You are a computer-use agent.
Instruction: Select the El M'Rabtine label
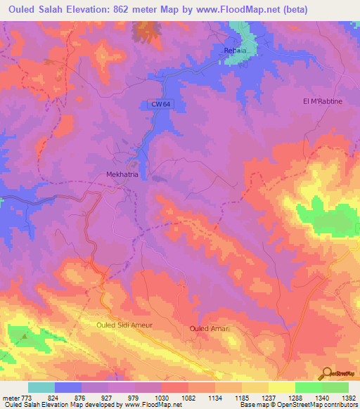pos(322,100)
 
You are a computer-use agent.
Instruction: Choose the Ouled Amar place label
pos(210,328)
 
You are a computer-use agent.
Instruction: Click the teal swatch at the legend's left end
pos(41,387)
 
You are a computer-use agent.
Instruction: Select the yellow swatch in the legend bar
pos(281,387)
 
